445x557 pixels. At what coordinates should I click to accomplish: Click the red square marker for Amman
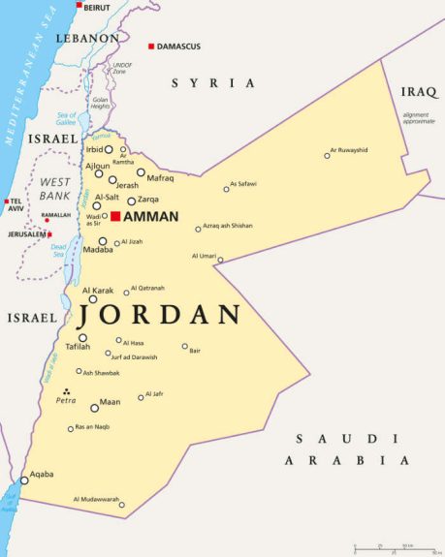[x=115, y=216]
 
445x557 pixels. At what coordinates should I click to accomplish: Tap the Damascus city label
[x=179, y=46]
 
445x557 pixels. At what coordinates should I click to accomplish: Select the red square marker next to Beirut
[x=79, y=5]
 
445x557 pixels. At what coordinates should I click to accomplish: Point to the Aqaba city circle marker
[x=24, y=480]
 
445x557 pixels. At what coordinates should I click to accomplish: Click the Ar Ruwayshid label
[x=349, y=150]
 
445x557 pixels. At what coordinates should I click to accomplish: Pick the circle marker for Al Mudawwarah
[x=122, y=505]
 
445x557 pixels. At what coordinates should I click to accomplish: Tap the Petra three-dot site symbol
[x=66, y=391]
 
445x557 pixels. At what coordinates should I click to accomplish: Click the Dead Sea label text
[x=58, y=250]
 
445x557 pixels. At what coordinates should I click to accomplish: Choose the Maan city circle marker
[x=94, y=408]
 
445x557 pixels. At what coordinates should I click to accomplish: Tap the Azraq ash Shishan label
[x=228, y=226]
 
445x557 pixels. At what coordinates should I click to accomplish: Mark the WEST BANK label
[x=54, y=189]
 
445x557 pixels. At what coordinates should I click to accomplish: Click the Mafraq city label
[x=161, y=178]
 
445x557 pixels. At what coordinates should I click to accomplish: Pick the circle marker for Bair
[x=185, y=346]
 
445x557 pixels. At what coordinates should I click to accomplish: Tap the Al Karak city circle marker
[x=93, y=299]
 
